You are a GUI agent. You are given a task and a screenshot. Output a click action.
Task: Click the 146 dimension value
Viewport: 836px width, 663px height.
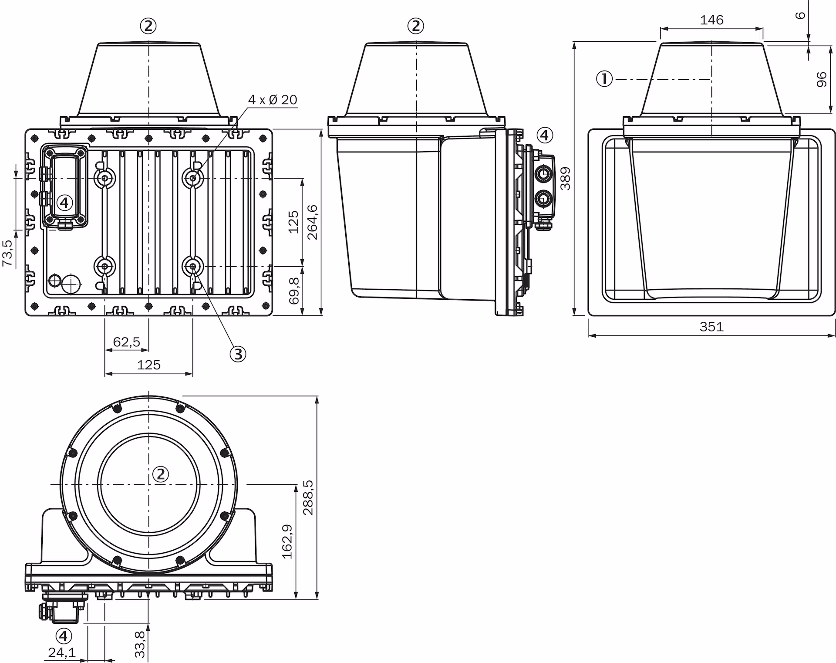coord(711,20)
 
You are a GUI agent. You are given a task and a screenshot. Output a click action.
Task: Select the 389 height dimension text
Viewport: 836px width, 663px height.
coord(565,179)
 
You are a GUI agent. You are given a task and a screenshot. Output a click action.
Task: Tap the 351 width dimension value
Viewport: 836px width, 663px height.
coord(711,326)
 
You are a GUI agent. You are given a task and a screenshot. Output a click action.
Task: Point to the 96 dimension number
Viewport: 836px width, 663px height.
coord(821,80)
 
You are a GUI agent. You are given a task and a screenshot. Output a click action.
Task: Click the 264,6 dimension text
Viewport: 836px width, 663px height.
coord(312,222)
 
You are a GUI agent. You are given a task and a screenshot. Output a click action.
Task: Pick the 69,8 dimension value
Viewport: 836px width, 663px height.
coord(294,291)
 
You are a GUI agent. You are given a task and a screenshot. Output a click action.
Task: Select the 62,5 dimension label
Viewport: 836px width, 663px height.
coord(127,342)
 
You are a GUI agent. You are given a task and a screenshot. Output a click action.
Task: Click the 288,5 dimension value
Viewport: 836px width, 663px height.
coord(308,497)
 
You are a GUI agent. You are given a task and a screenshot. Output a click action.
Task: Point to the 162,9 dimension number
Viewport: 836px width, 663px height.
coord(287,541)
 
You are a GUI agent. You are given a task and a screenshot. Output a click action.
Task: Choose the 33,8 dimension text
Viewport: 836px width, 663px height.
coord(139,645)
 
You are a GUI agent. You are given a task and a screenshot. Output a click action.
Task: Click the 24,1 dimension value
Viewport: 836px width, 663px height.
coord(62,652)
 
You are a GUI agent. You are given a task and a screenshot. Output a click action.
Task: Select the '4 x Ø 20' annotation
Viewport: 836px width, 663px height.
coord(273,100)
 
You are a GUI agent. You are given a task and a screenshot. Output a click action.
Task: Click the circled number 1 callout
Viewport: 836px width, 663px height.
coord(604,79)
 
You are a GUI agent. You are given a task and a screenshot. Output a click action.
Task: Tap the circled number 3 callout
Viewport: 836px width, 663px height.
coord(238,354)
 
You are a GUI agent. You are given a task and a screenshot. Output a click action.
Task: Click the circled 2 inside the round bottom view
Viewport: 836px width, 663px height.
coord(161,474)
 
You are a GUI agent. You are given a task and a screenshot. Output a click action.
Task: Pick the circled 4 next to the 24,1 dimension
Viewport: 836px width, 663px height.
coord(64,636)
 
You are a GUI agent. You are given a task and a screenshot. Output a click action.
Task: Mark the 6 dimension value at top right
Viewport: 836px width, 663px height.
coord(800,15)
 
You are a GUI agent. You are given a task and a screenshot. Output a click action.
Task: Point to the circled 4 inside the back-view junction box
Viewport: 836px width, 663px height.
coord(64,202)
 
